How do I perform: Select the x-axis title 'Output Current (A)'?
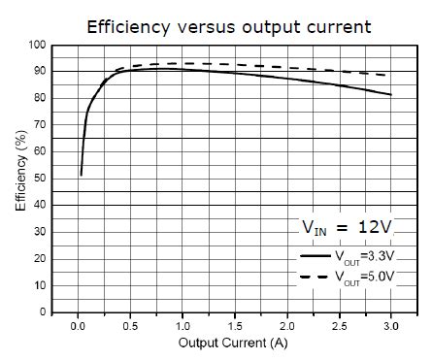click(233, 343)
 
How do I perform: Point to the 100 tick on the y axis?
click(37, 45)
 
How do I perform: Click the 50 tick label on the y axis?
click(40, 179)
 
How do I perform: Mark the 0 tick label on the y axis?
click(43, 312)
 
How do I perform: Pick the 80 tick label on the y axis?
click(40, 98)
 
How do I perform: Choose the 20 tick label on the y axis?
click(40, 259)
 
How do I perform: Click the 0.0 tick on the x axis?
click(79, 325)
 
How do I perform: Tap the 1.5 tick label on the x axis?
click(235, 325)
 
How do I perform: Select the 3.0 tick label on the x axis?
click(391, 325)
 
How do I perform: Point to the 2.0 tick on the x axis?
click(287, 325)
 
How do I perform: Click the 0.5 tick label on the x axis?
click(131, 325)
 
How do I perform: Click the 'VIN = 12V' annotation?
click(346, 228)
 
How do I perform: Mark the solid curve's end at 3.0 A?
click(391, 95)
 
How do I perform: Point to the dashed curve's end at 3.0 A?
click(391, 75)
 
